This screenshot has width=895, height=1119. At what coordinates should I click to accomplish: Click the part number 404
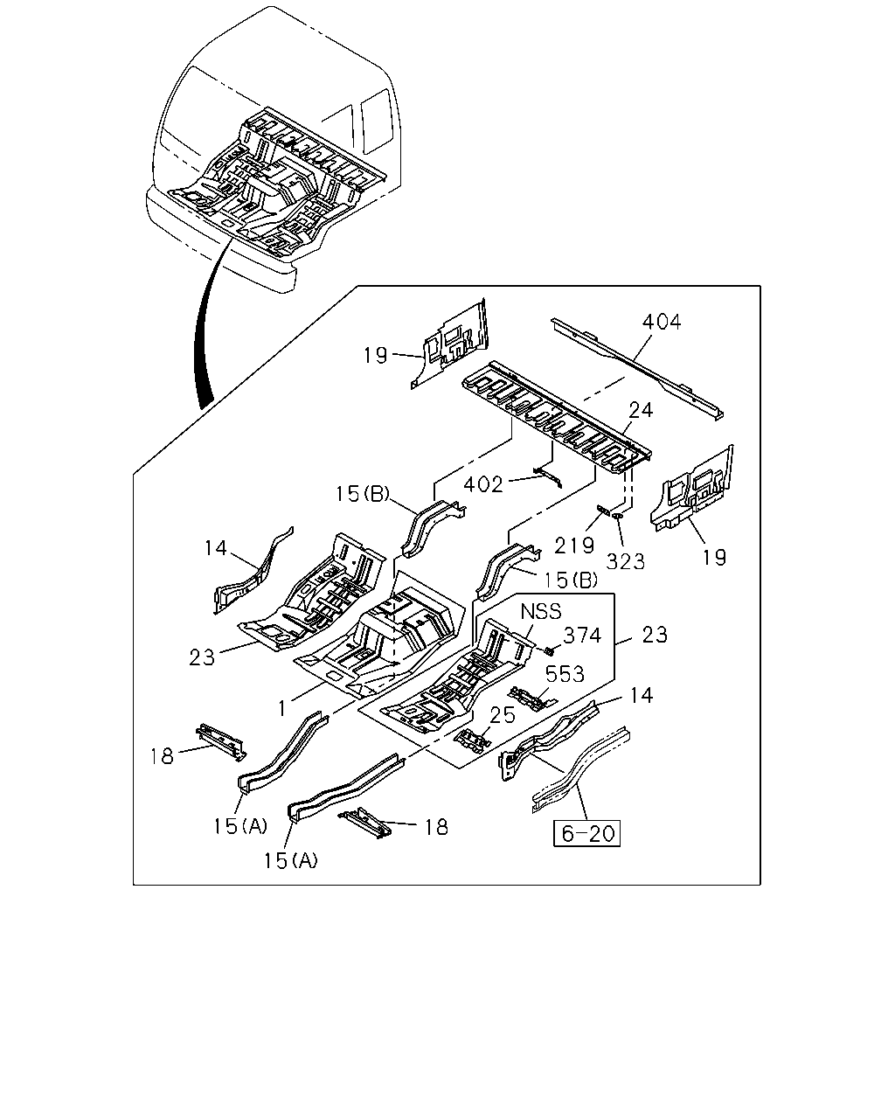click(661, 322)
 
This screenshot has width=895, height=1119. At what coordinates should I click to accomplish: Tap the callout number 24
click(641, 410)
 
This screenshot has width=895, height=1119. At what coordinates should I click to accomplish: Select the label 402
click(483, 484)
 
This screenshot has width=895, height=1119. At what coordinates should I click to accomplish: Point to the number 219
click(574, 546)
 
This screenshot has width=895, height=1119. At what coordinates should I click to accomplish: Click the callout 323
click(626, 561)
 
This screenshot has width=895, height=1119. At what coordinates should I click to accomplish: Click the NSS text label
click(541, 611)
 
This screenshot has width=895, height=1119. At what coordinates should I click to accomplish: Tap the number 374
click(582, 636)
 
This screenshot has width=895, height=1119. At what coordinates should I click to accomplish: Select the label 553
click(565, 674)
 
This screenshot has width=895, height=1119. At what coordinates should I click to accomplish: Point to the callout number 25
click(503, 715)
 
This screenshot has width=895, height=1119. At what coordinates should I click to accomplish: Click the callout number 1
click(282, 708)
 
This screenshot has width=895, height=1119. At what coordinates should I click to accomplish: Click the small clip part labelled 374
click(551, 650)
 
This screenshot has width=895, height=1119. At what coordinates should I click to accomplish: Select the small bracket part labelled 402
click(548, 476)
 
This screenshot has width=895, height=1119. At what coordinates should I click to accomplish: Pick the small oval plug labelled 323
click(618, 516)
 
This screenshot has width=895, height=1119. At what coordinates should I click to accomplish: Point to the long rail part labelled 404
click(637, 368)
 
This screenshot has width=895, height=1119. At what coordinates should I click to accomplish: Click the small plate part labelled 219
click(604, 509)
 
